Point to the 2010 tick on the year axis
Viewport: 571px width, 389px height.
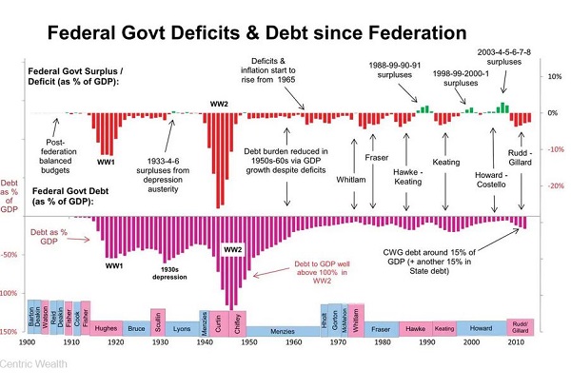point(515,342)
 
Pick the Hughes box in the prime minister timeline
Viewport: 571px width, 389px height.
point(107,326)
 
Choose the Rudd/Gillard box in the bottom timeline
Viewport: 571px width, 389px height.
point(520,325)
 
